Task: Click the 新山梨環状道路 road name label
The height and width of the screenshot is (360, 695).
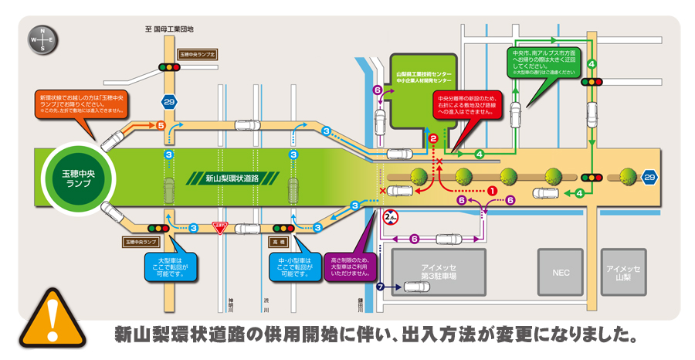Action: coord(232,178)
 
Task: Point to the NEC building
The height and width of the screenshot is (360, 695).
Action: coord(561,273)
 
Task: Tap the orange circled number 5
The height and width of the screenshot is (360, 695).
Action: coord(161,124)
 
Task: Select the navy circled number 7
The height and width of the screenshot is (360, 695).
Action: coord(379,287)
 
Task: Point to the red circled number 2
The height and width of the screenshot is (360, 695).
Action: coord(433,138)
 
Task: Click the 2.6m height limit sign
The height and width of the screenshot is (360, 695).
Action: coord(391,217)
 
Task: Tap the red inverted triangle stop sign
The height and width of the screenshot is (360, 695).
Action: coord(220,228)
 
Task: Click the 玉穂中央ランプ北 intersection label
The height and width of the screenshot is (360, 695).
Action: coord(198,55)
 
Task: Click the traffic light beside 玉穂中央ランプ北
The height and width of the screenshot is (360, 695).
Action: coord(169,67)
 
